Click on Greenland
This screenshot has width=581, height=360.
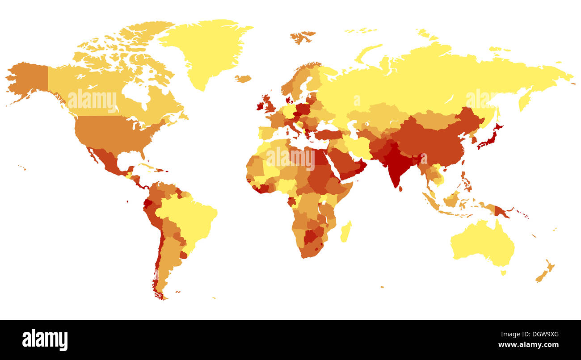point(206,49)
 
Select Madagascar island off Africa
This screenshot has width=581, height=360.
point(345,231)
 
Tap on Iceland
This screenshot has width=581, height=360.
point(243,79)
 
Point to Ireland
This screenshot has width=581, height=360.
point(260,106)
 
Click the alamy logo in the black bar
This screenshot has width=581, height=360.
point(45,340)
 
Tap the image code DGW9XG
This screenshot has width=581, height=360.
point(542,334)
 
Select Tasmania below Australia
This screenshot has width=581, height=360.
point(503,272)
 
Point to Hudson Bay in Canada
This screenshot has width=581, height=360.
point(134,92)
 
